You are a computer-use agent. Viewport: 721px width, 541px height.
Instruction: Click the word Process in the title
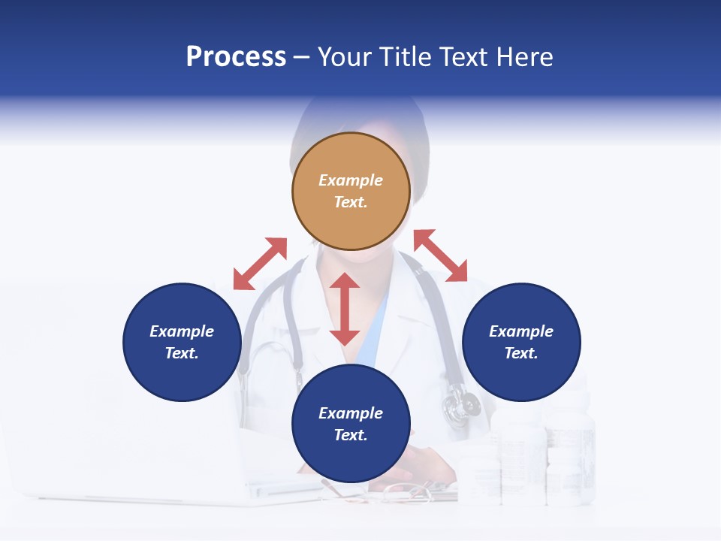pyautogui.click(x=236, y=57)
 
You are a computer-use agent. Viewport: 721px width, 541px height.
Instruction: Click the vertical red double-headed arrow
pyautogui.click(x=345, y=309)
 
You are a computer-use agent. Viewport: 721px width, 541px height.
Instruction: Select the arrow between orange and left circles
pyautogui.click(x=260, y=264)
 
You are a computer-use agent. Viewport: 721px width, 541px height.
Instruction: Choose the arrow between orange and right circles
pyautogui.click(x=440, y=255)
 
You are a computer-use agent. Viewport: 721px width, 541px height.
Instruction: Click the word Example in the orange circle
pyautogui.click(x=351, y=180)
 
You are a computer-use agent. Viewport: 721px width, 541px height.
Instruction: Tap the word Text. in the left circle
pyautogui.click(x=182, y=353)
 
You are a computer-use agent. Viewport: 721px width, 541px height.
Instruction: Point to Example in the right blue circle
pyautogui.click(x=521, y=331)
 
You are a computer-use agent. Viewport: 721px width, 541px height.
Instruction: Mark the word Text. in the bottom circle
pyautogui.click(x=351, y=435)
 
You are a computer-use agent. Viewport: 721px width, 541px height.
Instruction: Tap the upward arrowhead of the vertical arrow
pyautogui.click(x=345, y=281)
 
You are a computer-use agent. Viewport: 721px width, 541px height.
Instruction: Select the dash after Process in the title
pyautogui.click(x=302, y=57)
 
